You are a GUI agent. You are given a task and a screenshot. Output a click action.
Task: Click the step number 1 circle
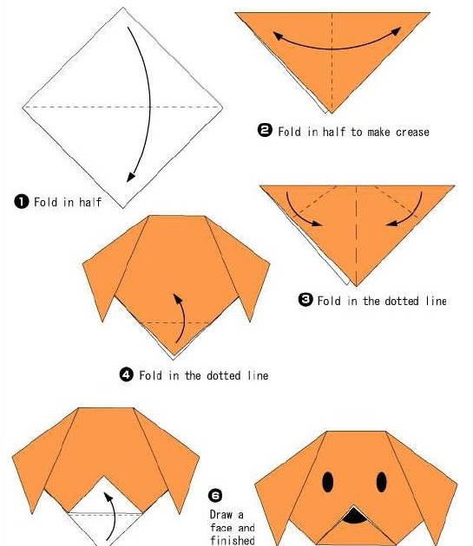click(x=22, y=202)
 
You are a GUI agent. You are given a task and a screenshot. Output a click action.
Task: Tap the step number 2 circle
click(x=265, y=130)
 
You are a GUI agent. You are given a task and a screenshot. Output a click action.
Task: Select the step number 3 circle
click(x=305, y=300)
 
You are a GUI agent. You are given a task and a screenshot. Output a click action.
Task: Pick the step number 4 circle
click(x=126, y=374)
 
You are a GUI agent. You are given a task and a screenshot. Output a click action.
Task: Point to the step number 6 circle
click(x=215, y=495)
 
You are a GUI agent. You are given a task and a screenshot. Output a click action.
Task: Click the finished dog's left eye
click(x=327, y=482)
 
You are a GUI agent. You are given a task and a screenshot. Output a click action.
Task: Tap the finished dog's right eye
click(x=381, y=482)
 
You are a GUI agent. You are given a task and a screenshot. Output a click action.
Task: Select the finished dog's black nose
click(x=354, y=516)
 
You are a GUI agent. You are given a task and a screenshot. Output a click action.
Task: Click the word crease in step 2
click(x=412, y=132)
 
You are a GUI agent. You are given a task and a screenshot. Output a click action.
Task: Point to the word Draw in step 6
click(x=221, y=514)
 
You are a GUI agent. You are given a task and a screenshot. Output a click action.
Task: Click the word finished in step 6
click(x=233, y=540)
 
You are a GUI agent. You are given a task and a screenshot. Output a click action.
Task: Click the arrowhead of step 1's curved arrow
click(x=131, y=177)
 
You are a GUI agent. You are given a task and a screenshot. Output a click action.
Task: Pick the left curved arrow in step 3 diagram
click(x=299, y=213)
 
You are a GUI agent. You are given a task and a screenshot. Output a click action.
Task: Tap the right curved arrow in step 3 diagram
click(x=409, y=213)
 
